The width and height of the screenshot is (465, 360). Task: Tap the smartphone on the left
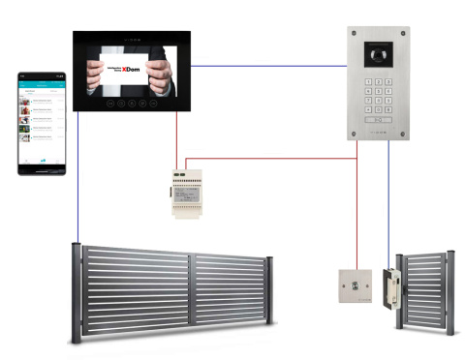point(43,122)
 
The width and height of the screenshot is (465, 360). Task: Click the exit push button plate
point(355,285)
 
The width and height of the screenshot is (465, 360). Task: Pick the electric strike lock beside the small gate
point(391,290)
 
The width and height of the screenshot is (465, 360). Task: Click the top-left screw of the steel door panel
point(354,33)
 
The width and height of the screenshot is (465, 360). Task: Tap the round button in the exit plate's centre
point(355,285)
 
